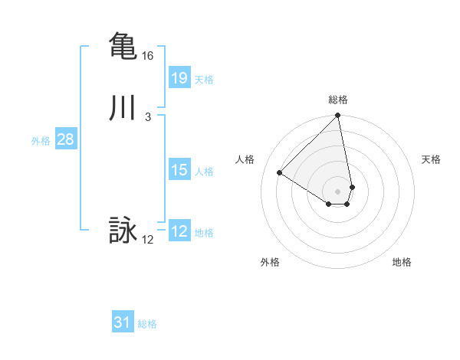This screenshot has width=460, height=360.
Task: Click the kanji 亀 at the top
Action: (x=123, y=45)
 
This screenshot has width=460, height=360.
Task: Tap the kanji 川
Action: (x=123, y=108)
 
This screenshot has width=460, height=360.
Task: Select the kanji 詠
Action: (x=123, y=231)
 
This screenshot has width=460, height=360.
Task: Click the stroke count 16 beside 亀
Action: (x=148, y=56)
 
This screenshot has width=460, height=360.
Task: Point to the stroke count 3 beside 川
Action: (x=147, y=117)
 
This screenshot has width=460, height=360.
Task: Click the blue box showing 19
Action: (x=179, y=77)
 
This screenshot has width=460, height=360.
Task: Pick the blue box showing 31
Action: (x=123, y=322)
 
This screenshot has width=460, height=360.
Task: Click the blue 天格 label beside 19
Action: (x=204, y=80)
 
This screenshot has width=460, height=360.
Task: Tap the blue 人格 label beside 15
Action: (x=204, y=172)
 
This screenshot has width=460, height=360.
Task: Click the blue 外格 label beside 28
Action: (x=41, y=141)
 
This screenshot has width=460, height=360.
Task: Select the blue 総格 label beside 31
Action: (x=147, y=325)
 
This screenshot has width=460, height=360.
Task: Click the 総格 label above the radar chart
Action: (x=338, y=100)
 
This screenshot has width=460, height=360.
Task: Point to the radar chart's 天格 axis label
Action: (x=431, y=159)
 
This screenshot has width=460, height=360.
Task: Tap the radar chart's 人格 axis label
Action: (x=245, y=159)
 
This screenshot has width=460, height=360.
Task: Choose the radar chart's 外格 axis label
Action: (x=270, y=262)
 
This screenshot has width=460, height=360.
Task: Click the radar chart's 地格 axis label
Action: (x=402, y=262)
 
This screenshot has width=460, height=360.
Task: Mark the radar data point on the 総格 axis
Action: (x=338, y=116)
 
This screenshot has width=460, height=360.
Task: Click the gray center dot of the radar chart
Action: (x=338, y=191)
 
